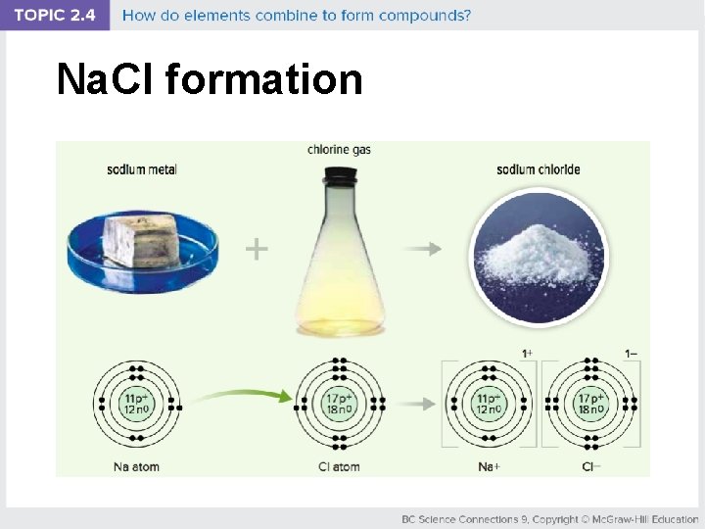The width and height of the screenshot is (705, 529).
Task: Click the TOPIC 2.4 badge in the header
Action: pos(56,15)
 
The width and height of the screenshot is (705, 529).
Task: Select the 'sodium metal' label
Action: pos(142,169)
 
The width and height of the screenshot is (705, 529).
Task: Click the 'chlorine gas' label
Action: pos(339,150)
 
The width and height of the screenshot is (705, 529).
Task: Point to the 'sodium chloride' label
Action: pos(538,169)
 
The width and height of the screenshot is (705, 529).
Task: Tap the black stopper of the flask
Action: pos(339,176)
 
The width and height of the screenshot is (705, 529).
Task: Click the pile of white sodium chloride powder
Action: pos(537,257)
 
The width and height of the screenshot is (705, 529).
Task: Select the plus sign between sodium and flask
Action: pos(257,250)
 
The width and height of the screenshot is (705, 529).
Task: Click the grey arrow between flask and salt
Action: pos(423,250)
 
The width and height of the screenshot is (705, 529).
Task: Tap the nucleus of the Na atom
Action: pos(136,404)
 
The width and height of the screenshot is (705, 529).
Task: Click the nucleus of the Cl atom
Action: pos(339,404)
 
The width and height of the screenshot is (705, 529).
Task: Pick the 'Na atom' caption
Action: pos(136,466)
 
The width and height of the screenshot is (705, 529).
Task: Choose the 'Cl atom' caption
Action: pos(339,466)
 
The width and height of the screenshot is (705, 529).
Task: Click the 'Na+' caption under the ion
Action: pos(489,466)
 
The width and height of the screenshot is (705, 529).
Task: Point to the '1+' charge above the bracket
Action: pos(527,353)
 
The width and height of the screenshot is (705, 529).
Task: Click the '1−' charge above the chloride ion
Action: pos(630,353)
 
